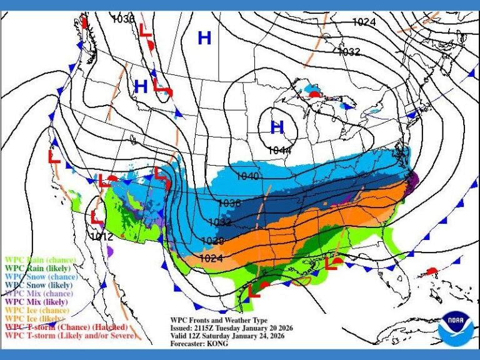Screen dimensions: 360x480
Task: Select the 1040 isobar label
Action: [x=247, y=176]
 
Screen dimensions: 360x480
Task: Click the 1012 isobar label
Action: [x=101, y=236]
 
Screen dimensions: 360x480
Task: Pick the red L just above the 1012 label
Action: [x=97, y=217]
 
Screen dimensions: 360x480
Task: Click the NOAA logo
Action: [x=456, y=328]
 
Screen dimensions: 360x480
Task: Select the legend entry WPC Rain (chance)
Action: [x=40, y=259]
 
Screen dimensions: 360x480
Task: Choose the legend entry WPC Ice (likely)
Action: [x=35, y=319]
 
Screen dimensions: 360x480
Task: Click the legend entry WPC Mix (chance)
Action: [x=39, y=293]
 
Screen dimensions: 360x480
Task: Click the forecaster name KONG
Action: [x=216, y=343]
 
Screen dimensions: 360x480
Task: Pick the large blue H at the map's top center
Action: [x=204, y=38]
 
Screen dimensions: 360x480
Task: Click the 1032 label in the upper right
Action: [x=349, y=51]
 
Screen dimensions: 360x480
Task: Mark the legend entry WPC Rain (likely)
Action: [x=39, y=268]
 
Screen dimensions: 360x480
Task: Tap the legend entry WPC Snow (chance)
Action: [x=40, y=276]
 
